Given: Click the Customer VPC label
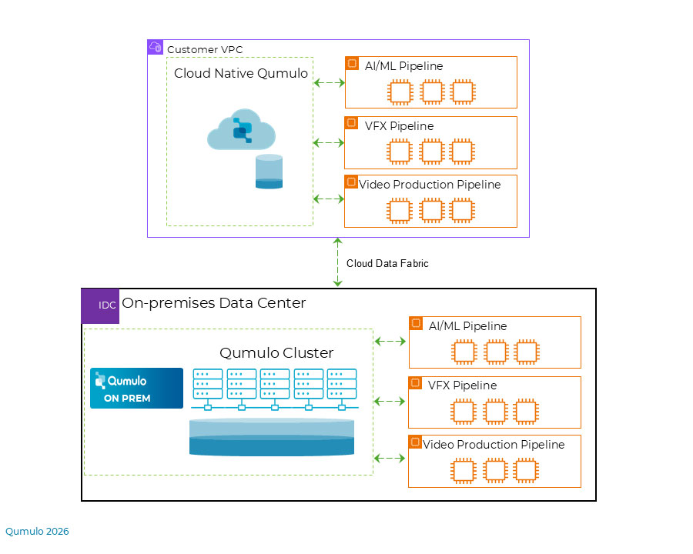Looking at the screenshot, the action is (205, 49).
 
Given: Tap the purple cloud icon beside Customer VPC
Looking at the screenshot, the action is (155, 47).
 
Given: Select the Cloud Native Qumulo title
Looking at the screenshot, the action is (241, 73).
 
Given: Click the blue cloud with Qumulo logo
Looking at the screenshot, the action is (241, 129).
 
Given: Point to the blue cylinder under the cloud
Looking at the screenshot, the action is (269, 172).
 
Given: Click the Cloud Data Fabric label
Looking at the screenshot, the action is (387, 263).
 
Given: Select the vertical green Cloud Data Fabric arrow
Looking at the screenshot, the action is (338, 262).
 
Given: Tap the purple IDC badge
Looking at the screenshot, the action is (100, 305).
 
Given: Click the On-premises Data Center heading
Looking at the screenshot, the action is (213, 303).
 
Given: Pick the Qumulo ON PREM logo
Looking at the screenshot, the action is (136, 389).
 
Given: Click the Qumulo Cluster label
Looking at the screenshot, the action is (276, 353).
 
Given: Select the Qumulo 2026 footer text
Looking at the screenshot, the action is (37, 531).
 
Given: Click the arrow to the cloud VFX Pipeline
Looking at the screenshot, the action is (328, 142).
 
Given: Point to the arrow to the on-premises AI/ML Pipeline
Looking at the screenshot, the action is (390, 341).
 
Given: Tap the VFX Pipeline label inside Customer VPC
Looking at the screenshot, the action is (399, 126).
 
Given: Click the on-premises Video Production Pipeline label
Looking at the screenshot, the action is (494, 445).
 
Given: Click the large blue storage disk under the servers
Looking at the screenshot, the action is (272, 437).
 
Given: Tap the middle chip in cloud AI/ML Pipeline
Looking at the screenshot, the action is (432, 92).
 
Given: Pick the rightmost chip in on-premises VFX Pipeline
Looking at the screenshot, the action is (526, 412).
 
